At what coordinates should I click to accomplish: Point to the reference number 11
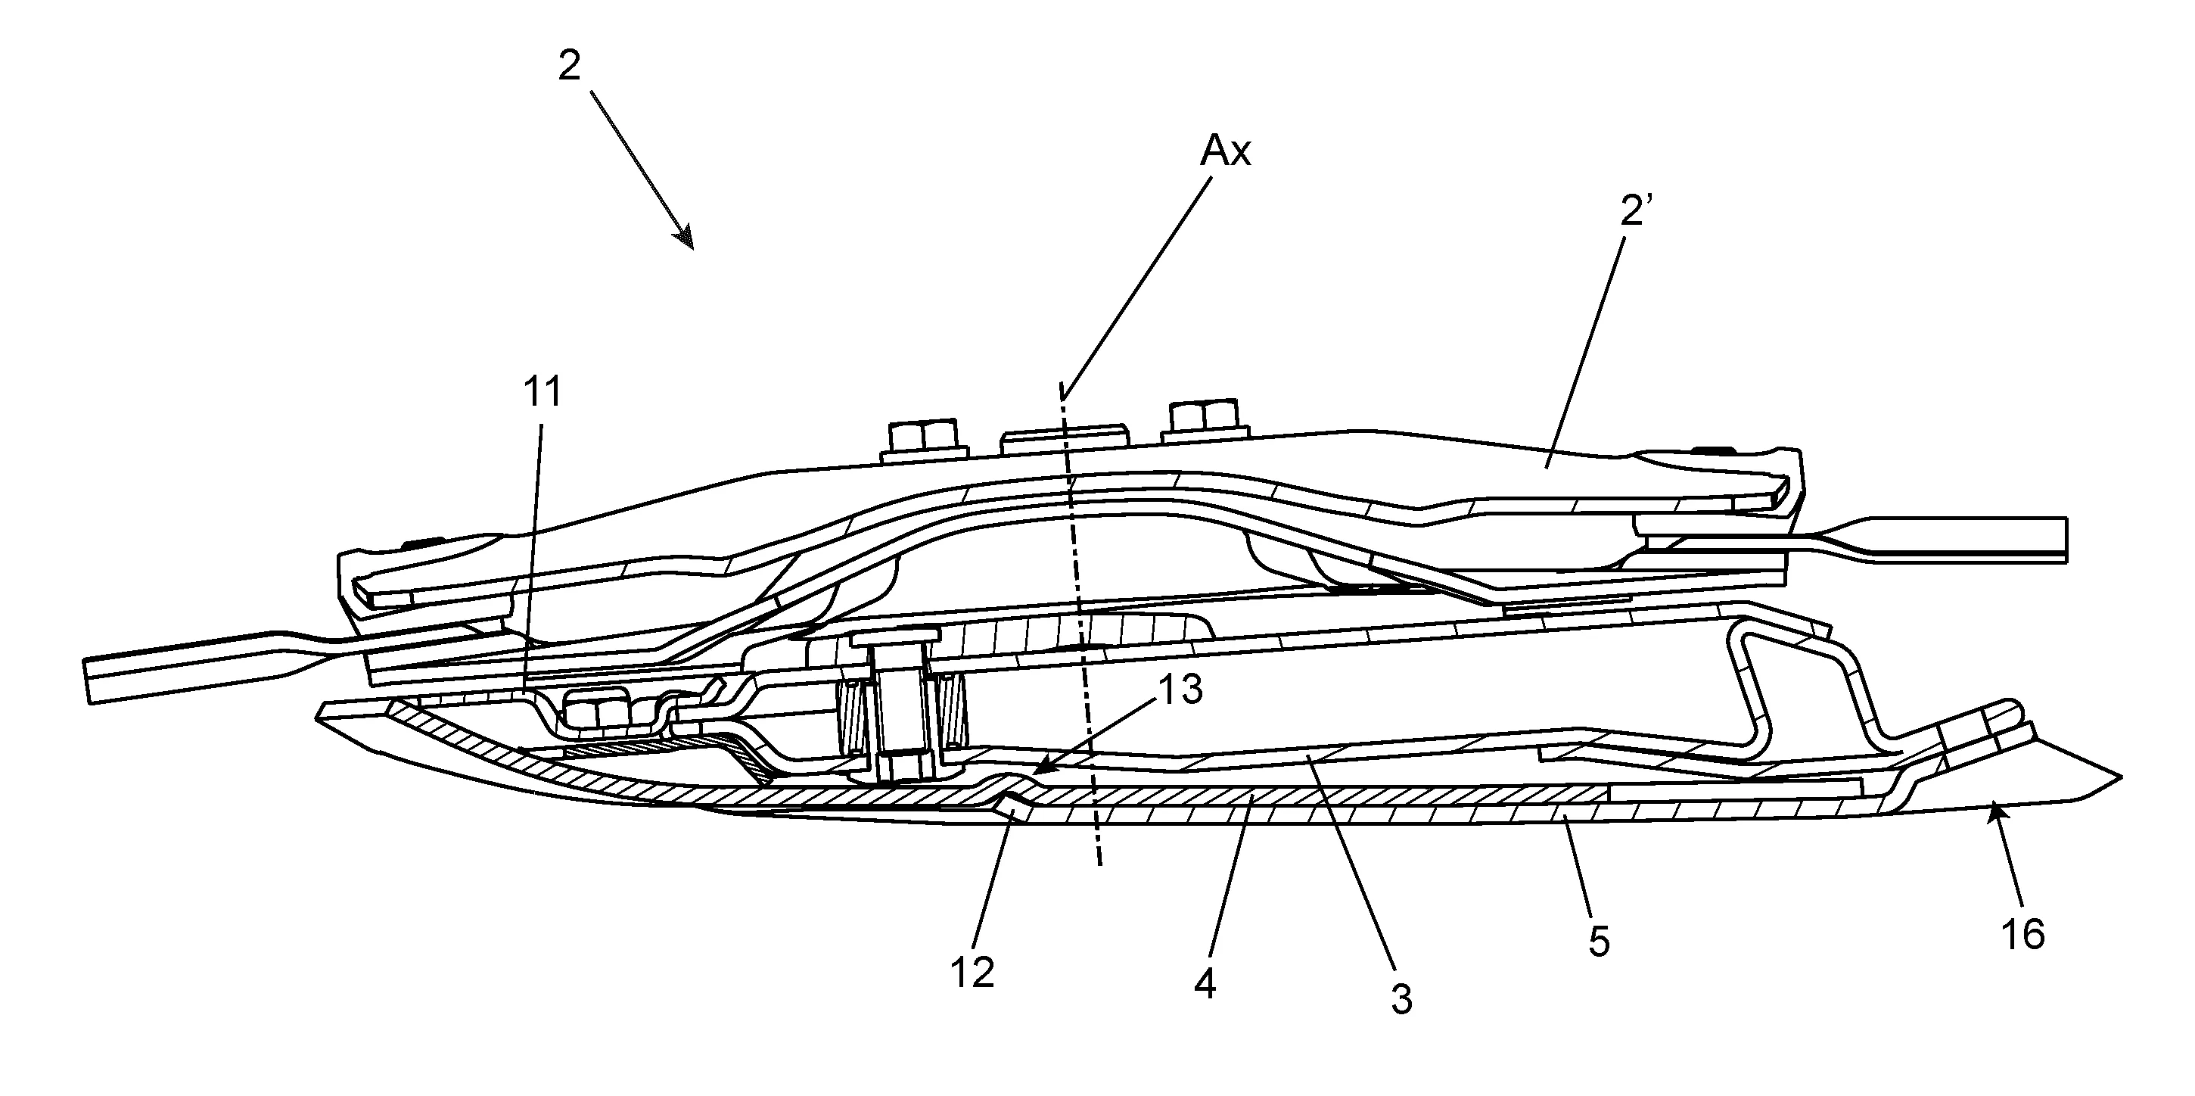coord(543,392)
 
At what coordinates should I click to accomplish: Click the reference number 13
coord(1180,689)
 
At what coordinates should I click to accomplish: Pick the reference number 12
coord(972,973)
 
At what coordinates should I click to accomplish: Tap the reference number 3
coord(1402,1000)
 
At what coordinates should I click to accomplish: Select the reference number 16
coord(2023,935)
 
